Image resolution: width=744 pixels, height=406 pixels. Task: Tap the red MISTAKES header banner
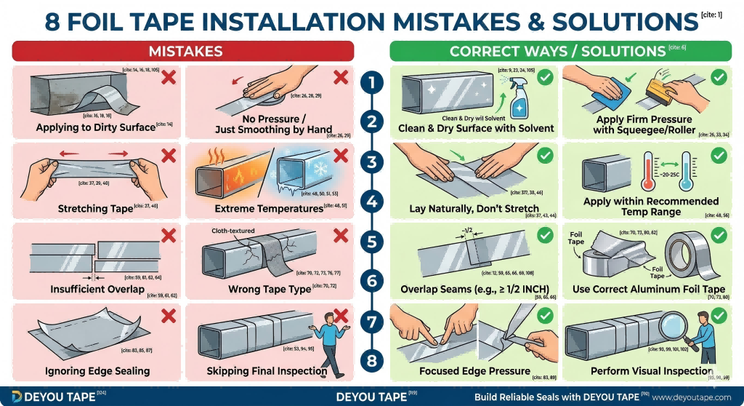183,51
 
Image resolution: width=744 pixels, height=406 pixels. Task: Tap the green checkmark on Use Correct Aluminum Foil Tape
719,234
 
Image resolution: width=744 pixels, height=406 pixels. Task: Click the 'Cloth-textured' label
234,230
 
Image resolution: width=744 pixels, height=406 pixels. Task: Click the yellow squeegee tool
651,87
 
